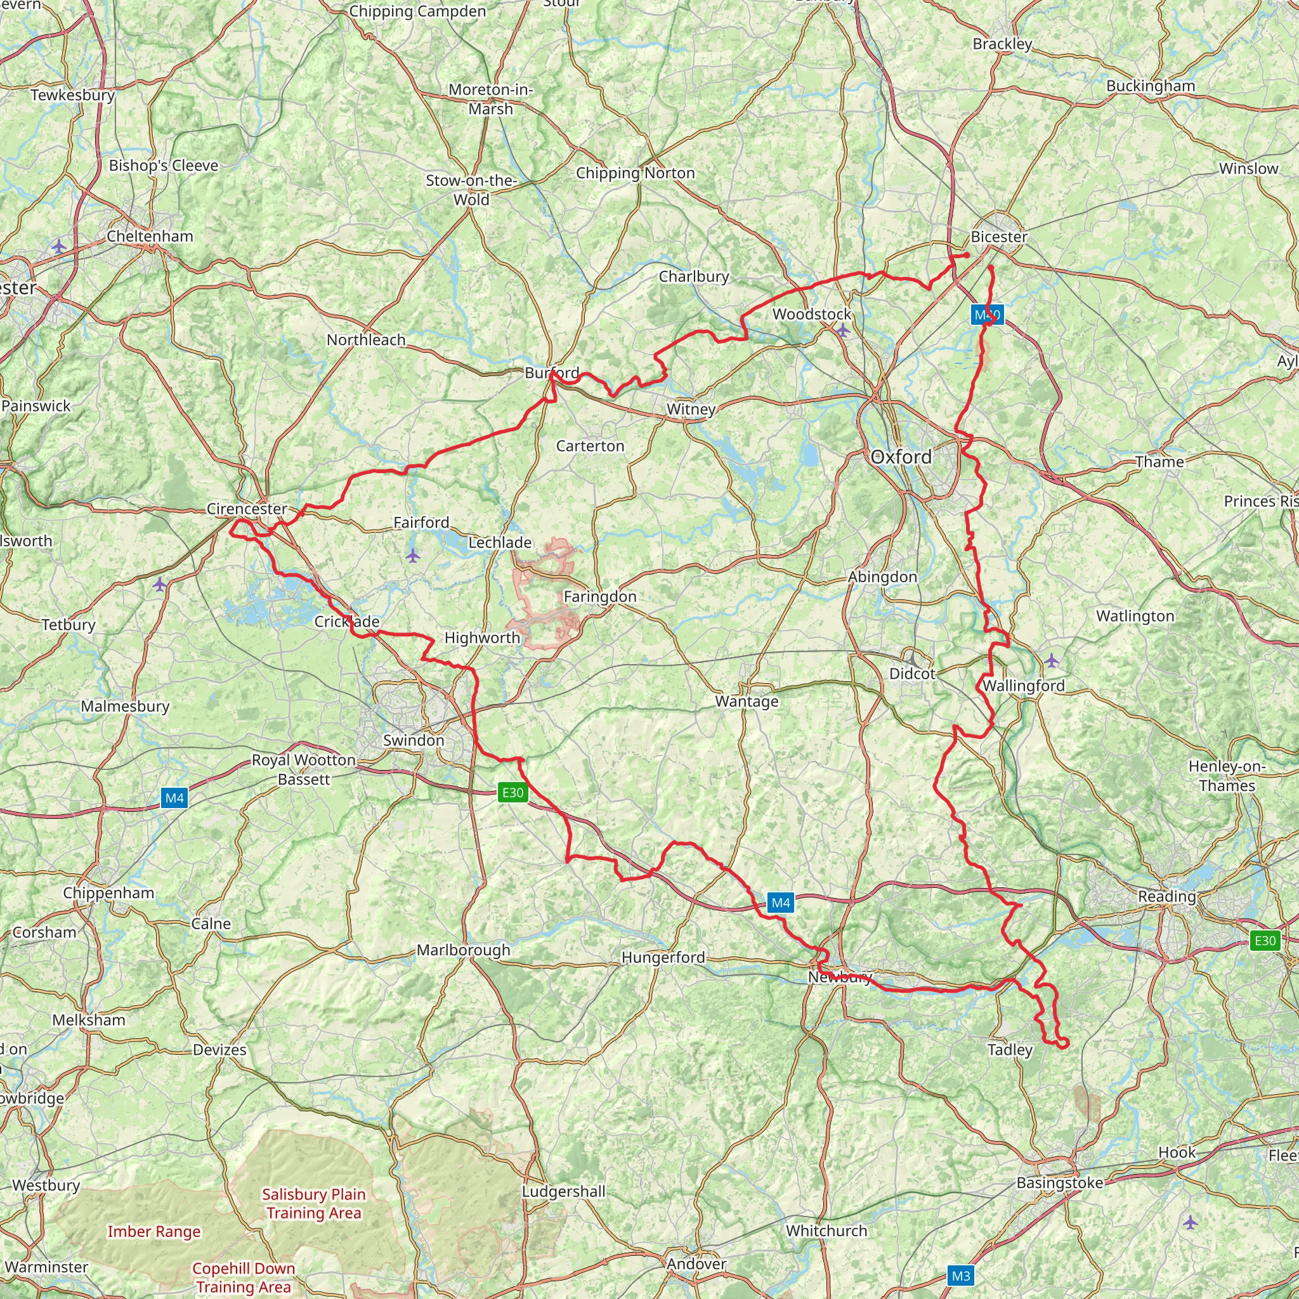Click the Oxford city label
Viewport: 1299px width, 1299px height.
click(x=901, y=457)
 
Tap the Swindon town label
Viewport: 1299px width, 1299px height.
click(x=414, y=740)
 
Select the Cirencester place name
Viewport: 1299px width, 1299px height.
click(x=247, y=509)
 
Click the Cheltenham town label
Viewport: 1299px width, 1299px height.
click(x=150, y=237)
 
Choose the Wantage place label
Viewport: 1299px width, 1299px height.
click(x=747, y=702)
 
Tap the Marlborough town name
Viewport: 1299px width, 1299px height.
click(x=463, y=950)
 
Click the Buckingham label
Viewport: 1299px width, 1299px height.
click(x=1151, y=86)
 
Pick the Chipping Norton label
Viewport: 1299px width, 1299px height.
click(x=636, y=173)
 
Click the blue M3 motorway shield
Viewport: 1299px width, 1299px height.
click(x=961, y=1276)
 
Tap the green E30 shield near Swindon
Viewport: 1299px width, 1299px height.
click(x=512, y=793)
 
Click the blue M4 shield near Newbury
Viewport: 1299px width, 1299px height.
click(x=781, y=903)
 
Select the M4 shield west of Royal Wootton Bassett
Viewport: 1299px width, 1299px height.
click(x=174, y=798)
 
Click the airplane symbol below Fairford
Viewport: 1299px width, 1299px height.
click(x=413, y=556)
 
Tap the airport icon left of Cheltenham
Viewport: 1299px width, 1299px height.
click(x=59, y=247)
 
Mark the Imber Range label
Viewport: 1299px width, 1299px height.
click(x=154, y=1232)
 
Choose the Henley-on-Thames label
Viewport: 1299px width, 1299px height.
click(x=1227, y=776)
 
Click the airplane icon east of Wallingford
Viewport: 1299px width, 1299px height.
click(x=1052, y=661)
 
